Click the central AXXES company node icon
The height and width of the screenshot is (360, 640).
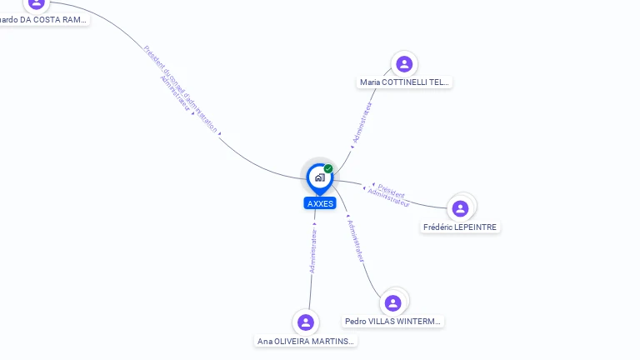pyautogui.click(x=319, y=177)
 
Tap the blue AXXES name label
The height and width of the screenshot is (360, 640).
pyautogui.click(x=320, y=203)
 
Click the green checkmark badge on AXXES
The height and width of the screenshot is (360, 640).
pyautogui.click(x=328, y=168)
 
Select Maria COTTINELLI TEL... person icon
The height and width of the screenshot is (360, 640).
pyautogui.click(x=404, y=64)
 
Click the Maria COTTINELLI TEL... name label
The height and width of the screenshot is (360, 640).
pyautogui.click(x=404, y=82)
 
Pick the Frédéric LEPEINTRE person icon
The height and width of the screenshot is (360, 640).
pyautogui.click(x=460, y=208)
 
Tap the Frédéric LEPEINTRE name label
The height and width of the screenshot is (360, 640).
pyautogui.click(x=460, y=227)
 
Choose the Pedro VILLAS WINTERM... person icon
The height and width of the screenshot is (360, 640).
pyautogui.click(x=392, y=302)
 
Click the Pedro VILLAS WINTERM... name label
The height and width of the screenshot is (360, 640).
pyautogui.click(x=393, y=321)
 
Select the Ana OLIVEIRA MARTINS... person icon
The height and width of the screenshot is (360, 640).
pyautogui.click(x=306, y=322)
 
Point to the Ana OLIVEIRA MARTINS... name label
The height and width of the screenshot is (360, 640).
pyautogui.click(x=306, y=341)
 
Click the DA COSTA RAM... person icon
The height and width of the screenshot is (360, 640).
pyautogui.click(x=36, y=3)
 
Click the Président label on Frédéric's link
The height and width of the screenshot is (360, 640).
pyautogui.click(x=392, y=189)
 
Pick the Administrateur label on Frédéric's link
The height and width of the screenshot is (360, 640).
pyautogui.click(x=388, y=198)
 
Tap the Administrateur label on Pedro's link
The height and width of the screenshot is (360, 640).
pyautogui.click(x=356, y=242)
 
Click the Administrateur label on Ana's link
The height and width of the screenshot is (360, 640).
pyautogui.click(x=313, y=251)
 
